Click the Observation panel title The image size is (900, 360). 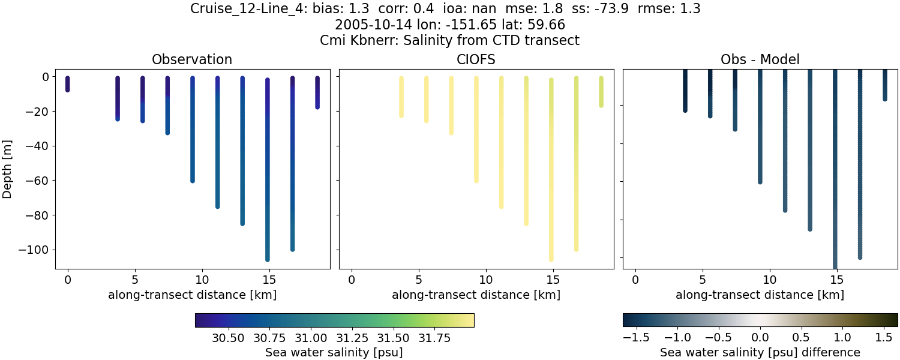pyautogui.click(x=192, y=59)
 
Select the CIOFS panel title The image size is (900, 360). pyautogui.click(x=476, y=59)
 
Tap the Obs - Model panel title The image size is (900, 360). pyautogui.click(x=760, y=59)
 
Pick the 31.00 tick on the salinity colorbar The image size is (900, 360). pyautogui.click(x=311, y=338)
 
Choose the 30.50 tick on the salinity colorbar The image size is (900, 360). pyautogui.click(x=229, y=338)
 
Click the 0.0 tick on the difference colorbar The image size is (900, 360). pyautogui.click(x=760, y=338)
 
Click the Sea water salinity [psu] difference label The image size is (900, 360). pyautogui.click(x=760, y=352)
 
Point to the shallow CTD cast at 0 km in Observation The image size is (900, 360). pyautogui.click(x=68, y=84)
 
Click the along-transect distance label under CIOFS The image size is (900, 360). pyautogui.click(x=476, y=295)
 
